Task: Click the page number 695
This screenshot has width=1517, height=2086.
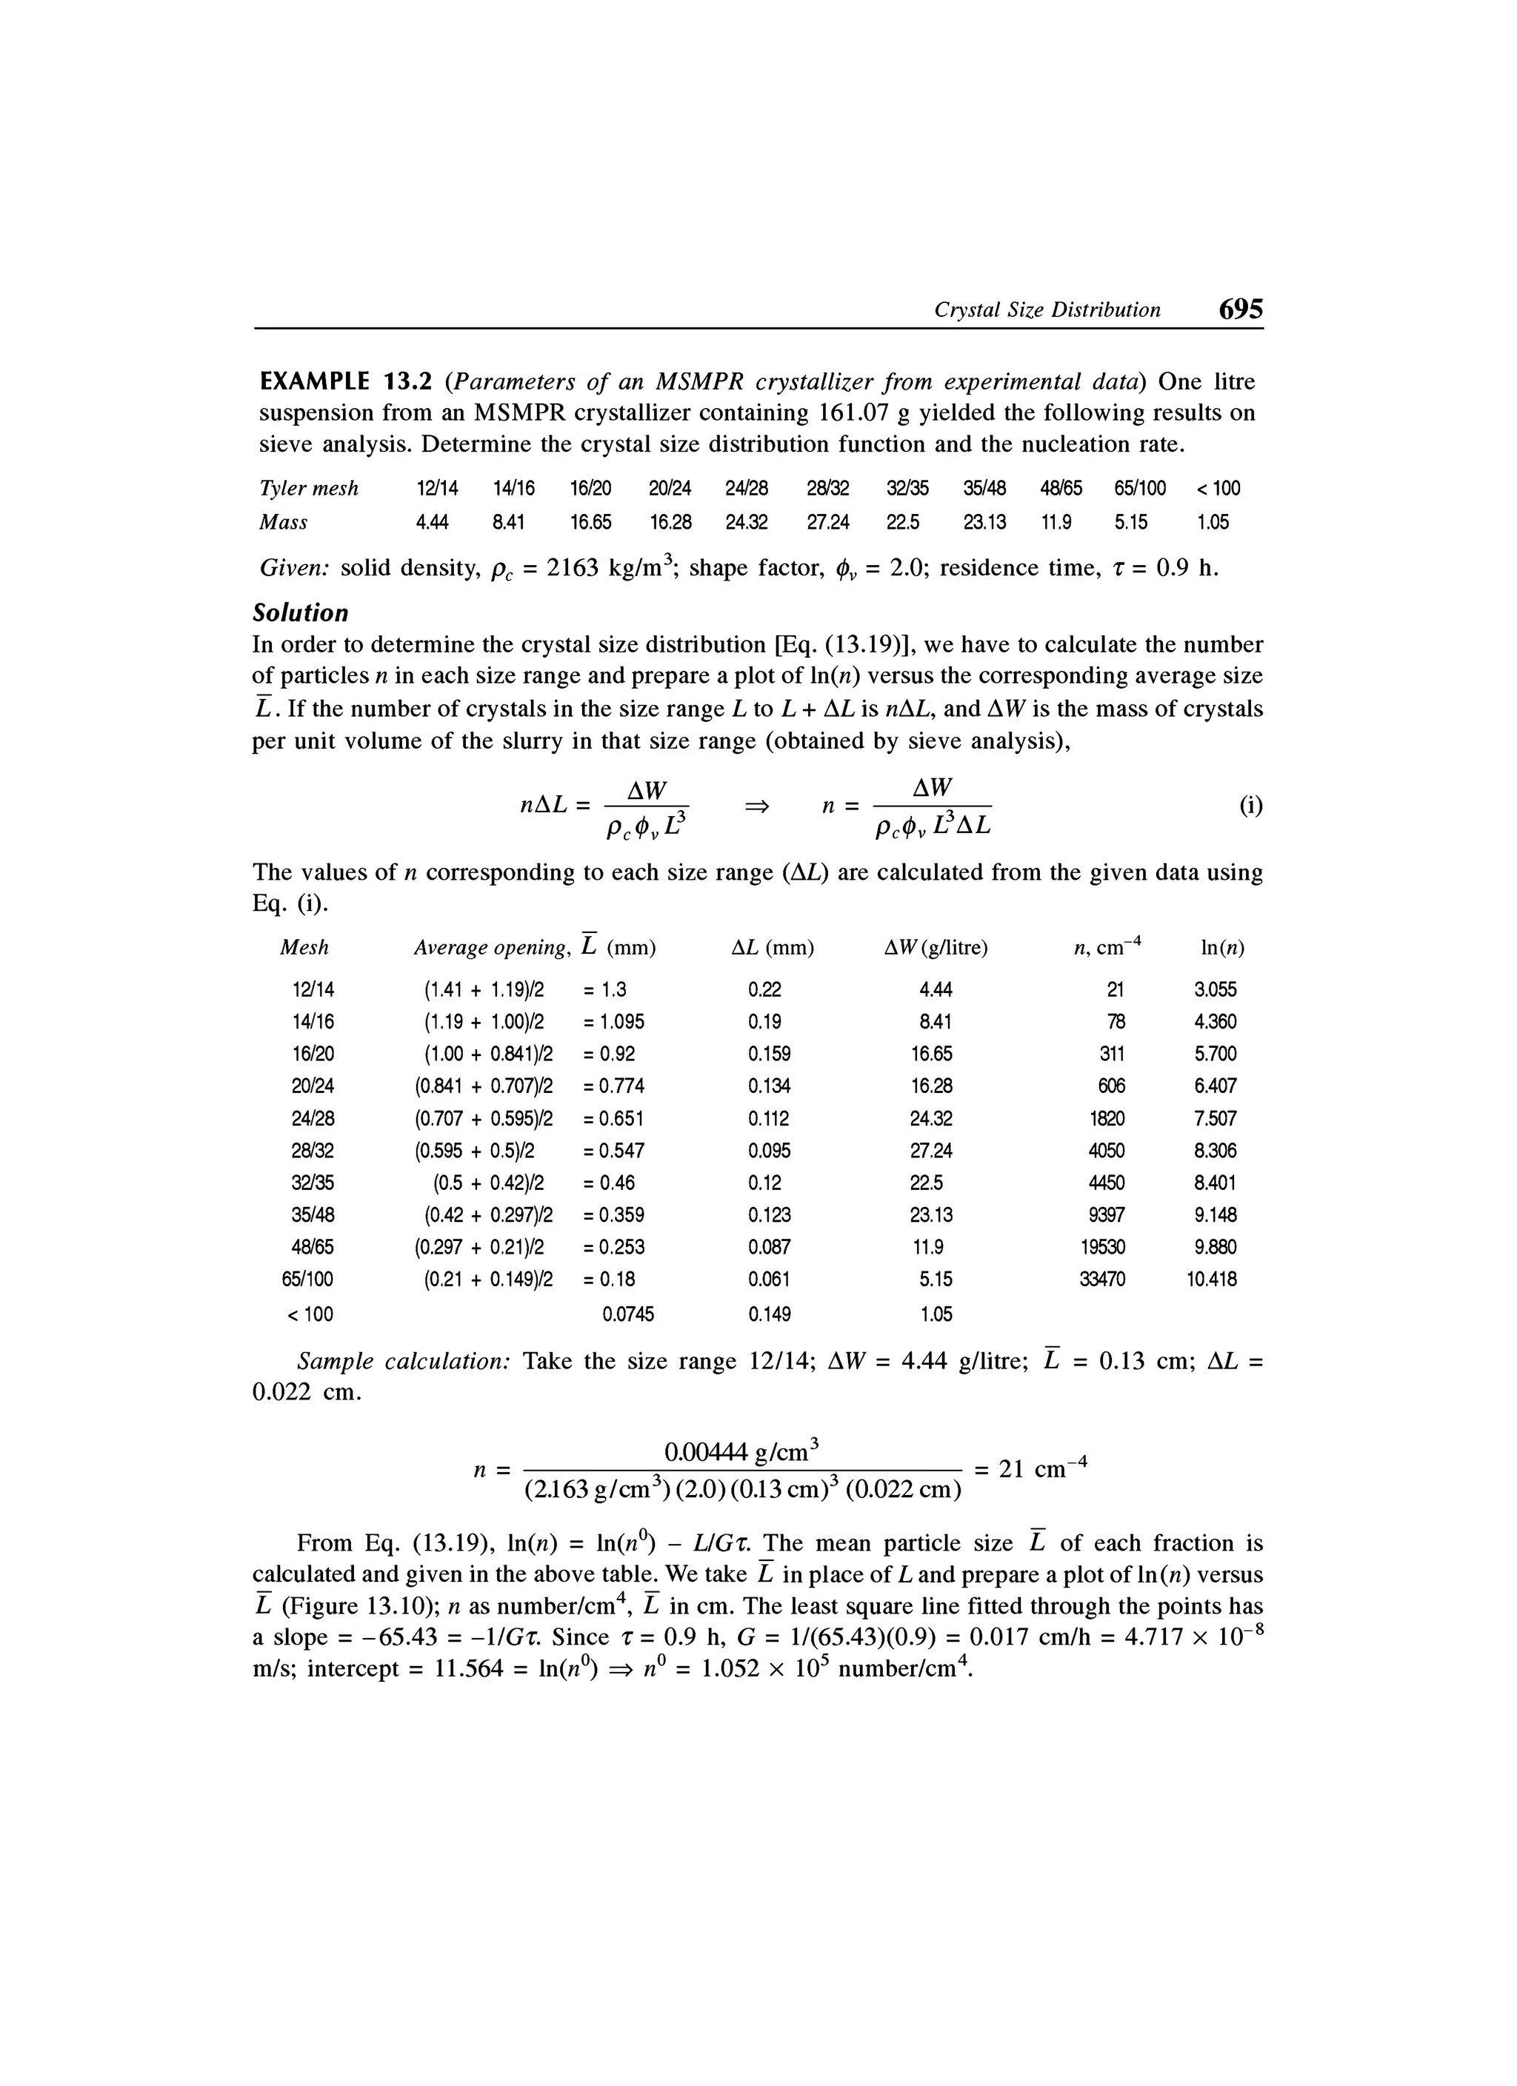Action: (x=1240, y=309)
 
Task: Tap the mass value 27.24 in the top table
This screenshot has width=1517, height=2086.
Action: (x=828, y=522)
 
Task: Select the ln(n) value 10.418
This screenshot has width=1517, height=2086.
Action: (x=1212, y=1280)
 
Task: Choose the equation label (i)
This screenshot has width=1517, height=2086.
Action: (x=1250, y=806)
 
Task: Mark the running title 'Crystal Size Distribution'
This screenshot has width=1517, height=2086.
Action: (x=1047, y=311)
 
